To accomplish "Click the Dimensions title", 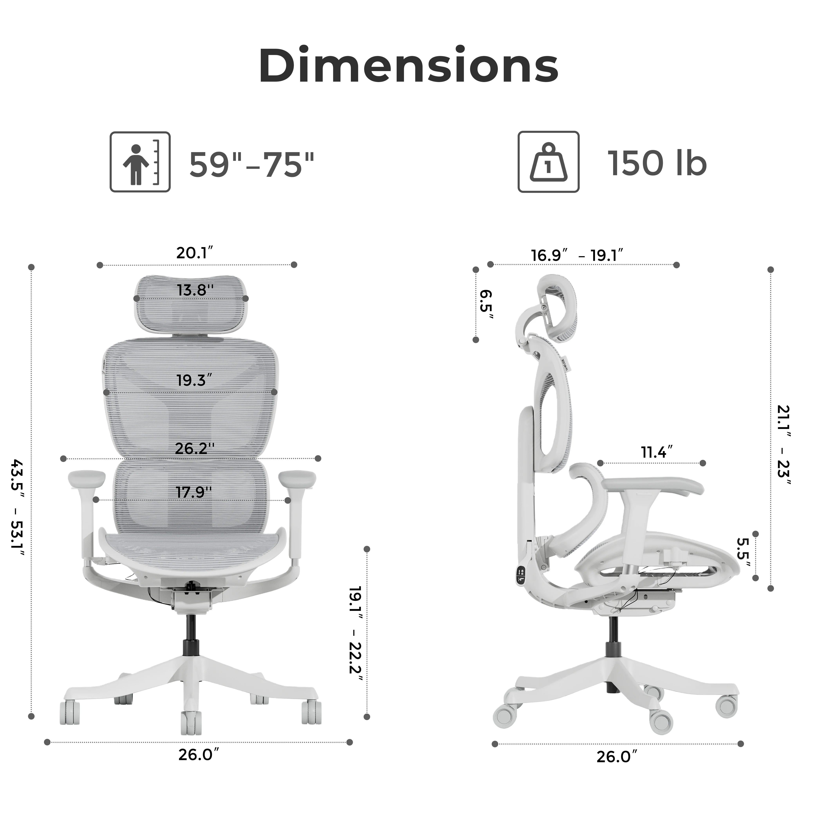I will pos(408,66).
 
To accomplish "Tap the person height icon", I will pos(140,162).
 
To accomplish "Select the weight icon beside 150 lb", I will pos(548,162).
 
